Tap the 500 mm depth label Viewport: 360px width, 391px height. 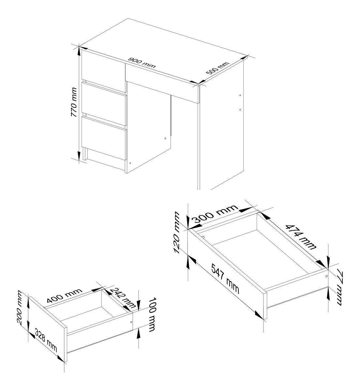coord(217,68)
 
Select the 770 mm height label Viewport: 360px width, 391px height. coord(74,102)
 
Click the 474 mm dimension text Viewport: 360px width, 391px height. coord(300,237)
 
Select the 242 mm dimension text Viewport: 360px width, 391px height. coord(122,298)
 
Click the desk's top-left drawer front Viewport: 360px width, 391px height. coord(103,71)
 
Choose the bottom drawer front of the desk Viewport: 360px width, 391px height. coord(104,138)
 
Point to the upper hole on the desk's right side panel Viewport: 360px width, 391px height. coord(240,95)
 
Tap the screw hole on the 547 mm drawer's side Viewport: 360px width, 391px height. coord(326,276)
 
